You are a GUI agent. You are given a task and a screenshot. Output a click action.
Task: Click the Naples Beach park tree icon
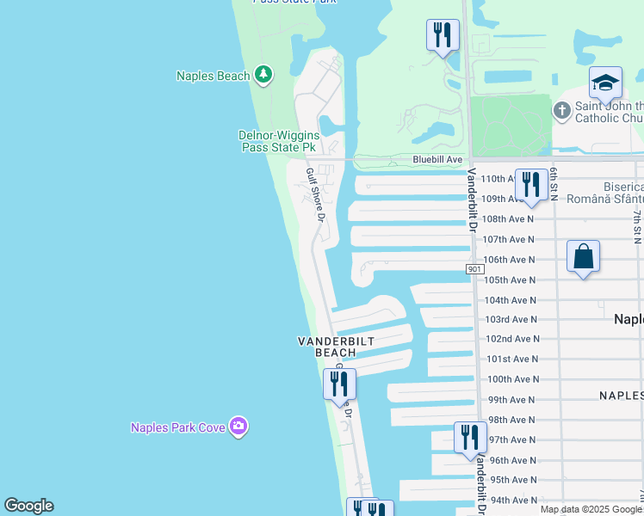pos(263,76)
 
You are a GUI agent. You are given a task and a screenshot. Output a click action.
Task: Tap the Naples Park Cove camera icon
pos(238,426)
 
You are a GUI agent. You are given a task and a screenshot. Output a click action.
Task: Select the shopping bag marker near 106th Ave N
pos(583,256)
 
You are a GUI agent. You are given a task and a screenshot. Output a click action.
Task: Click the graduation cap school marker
pos(605,83)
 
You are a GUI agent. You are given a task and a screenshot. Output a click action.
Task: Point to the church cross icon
pos(562,110)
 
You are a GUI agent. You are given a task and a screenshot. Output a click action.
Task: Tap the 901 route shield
pos(475,269)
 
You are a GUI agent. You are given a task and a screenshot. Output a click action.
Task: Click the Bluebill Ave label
pos(437,159)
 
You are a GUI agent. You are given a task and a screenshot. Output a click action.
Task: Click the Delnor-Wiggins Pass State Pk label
pos(277,141)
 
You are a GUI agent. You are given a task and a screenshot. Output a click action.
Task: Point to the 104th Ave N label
pos(511,300)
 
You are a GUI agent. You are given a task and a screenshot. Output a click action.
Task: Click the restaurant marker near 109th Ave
pos(531,185)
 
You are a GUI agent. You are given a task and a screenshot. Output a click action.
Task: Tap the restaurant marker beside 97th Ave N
pos(470,437)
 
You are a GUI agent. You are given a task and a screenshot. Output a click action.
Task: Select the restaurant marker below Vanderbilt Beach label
pos(339,384)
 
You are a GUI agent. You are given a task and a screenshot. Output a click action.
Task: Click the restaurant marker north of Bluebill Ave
pos(443,35)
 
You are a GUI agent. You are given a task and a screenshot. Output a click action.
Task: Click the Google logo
pos(28,506)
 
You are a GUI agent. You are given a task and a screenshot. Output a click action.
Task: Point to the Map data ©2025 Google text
pos(591,509)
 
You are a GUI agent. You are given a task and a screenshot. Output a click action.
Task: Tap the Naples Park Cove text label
pos(178,427)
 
